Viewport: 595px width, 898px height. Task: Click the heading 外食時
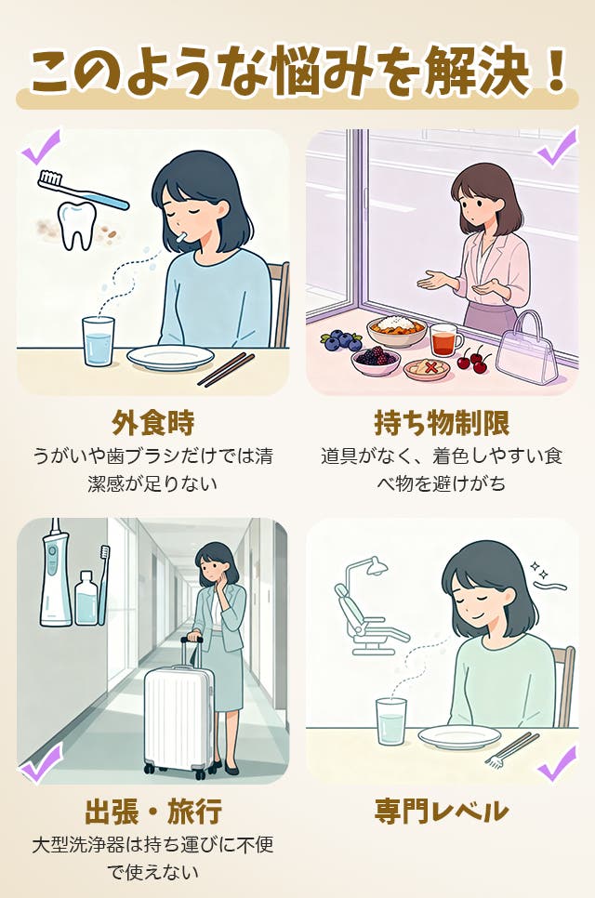coord(152,423)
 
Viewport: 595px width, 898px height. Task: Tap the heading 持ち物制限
coord(442,423)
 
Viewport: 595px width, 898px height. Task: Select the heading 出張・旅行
coord(152,812)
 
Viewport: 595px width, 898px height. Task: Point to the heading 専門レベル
coord(441,812)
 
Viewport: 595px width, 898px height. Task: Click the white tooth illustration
coord(76,225)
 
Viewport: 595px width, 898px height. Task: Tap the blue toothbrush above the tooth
coord(83,190)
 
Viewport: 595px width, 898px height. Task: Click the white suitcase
coord(178,715)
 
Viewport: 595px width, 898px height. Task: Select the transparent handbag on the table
coord(525,349)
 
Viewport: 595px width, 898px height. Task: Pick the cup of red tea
coord(444,340)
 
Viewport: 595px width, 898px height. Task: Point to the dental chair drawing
coord(369,611)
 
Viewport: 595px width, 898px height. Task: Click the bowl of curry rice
coord(397,330)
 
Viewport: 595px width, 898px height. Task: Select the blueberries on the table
coord(341,341)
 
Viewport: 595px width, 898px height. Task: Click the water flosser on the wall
coord(55,573)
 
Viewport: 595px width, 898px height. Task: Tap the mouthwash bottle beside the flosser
coord(86,598)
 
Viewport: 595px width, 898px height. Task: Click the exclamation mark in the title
coord(554,71)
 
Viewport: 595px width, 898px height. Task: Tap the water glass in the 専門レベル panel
coord(391,721)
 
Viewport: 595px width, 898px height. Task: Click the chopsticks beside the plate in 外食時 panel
coord(226,369)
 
